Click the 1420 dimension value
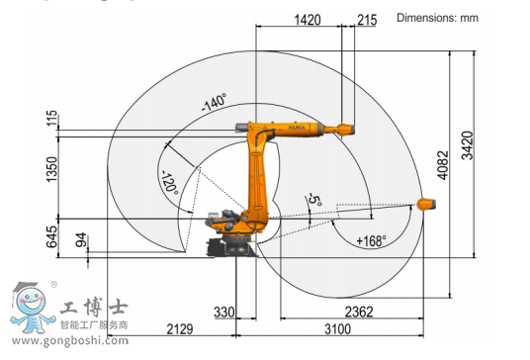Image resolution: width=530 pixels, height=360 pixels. [x=308, y=20]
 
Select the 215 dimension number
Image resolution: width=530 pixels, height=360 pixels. [x=367, y=20]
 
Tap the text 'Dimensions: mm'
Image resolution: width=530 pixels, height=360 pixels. [x=437, y=18]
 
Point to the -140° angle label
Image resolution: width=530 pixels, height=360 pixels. [x=214, y=103]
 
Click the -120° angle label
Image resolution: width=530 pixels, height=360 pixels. [x=170, y=183]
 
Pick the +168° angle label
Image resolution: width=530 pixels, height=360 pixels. [x=371, y=241]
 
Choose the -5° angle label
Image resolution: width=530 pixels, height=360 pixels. [x=314, y=200]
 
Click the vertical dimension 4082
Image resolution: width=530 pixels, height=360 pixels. [x=443, y=165]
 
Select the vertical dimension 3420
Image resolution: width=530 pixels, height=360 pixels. [x=468, y=145]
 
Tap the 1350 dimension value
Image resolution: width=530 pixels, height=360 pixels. [x=51, y=169]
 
